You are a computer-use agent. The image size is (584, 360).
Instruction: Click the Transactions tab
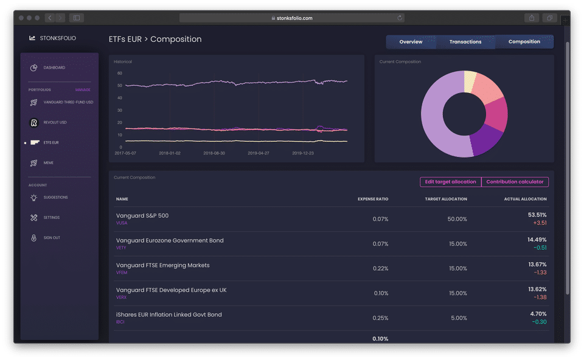coord(465,42)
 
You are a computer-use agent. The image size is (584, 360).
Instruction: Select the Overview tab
coord(411,42)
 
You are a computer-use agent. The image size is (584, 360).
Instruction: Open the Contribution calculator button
coord(515,182)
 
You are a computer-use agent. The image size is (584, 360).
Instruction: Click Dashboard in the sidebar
coord(54,67)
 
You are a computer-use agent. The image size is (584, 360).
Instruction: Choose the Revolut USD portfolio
coord(55,122)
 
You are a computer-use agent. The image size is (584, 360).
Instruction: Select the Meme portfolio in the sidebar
coord(48,163)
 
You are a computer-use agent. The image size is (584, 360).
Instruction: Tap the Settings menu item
coord(51,218)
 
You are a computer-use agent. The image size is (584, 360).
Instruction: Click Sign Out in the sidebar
coord(52,238)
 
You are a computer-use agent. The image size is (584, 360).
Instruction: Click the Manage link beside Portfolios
coord(83,90)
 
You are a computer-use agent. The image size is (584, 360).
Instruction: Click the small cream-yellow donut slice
coord(470,81)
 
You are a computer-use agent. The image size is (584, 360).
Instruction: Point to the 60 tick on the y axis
coord(120,73)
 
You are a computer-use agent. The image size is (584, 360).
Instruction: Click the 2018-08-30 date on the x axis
coord(215,153)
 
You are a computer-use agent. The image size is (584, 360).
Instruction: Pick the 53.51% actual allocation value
coord(537,215)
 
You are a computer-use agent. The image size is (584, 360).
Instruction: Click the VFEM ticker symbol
coord(122,272)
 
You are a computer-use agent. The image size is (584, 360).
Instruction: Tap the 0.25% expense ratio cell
coord(381,318)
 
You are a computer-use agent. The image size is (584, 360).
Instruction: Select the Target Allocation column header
coord(446,199)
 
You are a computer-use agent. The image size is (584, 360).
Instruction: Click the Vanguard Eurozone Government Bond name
coord(170,240)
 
